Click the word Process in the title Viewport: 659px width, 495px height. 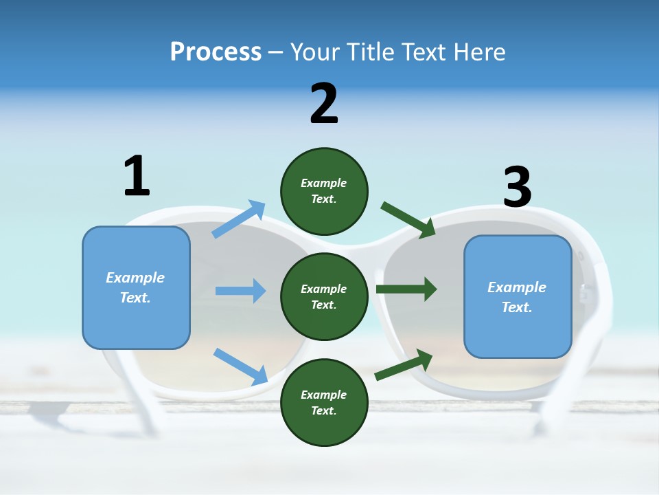216,52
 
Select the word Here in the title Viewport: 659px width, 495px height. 480,52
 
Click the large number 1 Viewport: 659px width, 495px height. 137,175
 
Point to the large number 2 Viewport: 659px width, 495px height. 324,103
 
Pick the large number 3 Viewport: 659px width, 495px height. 518,186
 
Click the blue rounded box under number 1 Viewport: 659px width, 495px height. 136,288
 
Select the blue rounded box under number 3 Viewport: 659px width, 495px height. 518,297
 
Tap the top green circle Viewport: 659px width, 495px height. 324,192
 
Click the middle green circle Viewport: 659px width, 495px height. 324,297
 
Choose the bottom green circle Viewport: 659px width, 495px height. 324,402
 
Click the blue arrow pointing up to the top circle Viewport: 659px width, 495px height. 238,219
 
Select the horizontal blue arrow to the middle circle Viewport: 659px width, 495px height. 240,290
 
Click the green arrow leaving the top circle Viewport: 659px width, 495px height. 408,220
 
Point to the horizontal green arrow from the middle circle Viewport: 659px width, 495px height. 406,289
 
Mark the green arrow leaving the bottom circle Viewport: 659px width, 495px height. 404,365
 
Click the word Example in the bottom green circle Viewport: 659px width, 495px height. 323,395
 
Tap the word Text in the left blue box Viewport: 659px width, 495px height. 135,298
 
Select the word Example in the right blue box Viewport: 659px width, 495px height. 517,287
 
